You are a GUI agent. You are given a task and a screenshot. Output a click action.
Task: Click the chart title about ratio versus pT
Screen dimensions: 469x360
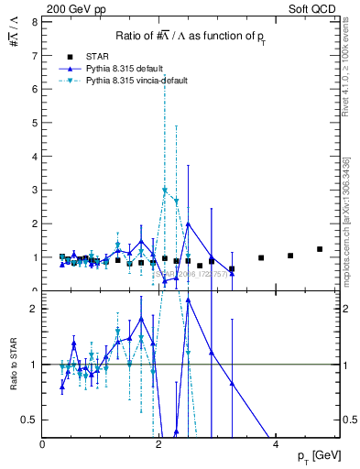click(191, 36)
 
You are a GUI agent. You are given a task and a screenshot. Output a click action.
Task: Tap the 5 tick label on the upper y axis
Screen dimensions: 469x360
click(34, 123)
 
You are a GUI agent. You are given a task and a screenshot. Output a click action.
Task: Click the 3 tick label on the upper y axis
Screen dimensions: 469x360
click(34, 191)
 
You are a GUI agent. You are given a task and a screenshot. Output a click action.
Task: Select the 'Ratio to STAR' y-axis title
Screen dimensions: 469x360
click(12, 365)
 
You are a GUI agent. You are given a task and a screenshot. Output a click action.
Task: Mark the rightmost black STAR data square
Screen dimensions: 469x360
click(320, 249)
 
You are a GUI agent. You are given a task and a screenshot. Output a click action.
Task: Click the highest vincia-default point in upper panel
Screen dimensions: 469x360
click(165, 190)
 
